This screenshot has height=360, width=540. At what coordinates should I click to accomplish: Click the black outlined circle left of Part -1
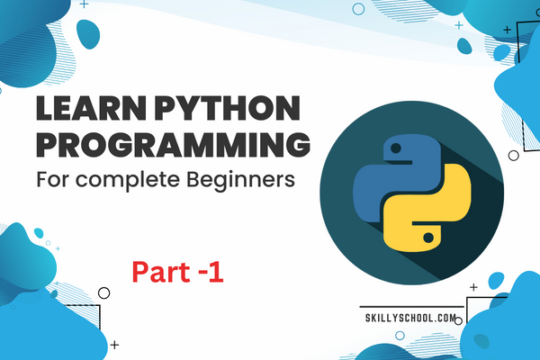coord(104,292)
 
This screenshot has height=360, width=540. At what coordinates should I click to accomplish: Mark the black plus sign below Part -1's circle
coord(114,344)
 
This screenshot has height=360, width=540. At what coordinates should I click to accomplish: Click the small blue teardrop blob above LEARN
coord(87,35)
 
